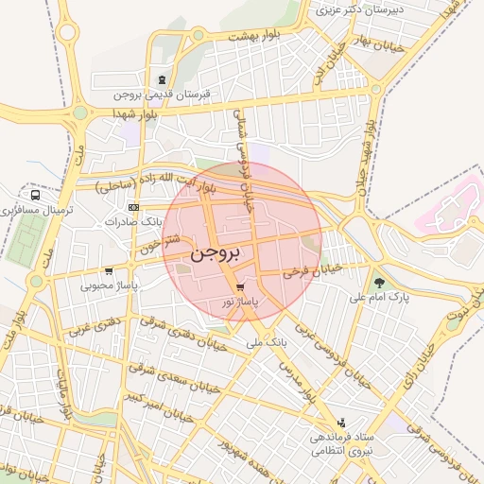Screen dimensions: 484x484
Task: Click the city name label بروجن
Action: click(x=216, y=253)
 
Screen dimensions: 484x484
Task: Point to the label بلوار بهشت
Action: click(x=256, y=35)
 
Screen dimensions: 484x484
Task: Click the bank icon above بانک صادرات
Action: click(x=133, y=207)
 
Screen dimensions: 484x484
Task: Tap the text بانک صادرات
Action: click(x=136, y=222)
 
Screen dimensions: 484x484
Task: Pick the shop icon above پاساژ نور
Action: click(x=240, y=287)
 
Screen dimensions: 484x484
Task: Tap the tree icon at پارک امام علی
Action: click(x=379, y=282)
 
